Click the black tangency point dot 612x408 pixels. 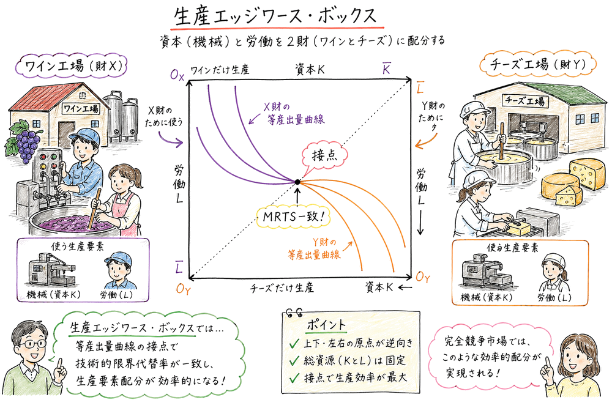pyautogui.click(x=297, y=182)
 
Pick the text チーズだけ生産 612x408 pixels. pyautogui.click(x=282, y=287)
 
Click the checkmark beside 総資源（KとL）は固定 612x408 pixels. pyautogui.click(x=294, y=360)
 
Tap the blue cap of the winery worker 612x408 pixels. pyautogui.click(x=82, y=136)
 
